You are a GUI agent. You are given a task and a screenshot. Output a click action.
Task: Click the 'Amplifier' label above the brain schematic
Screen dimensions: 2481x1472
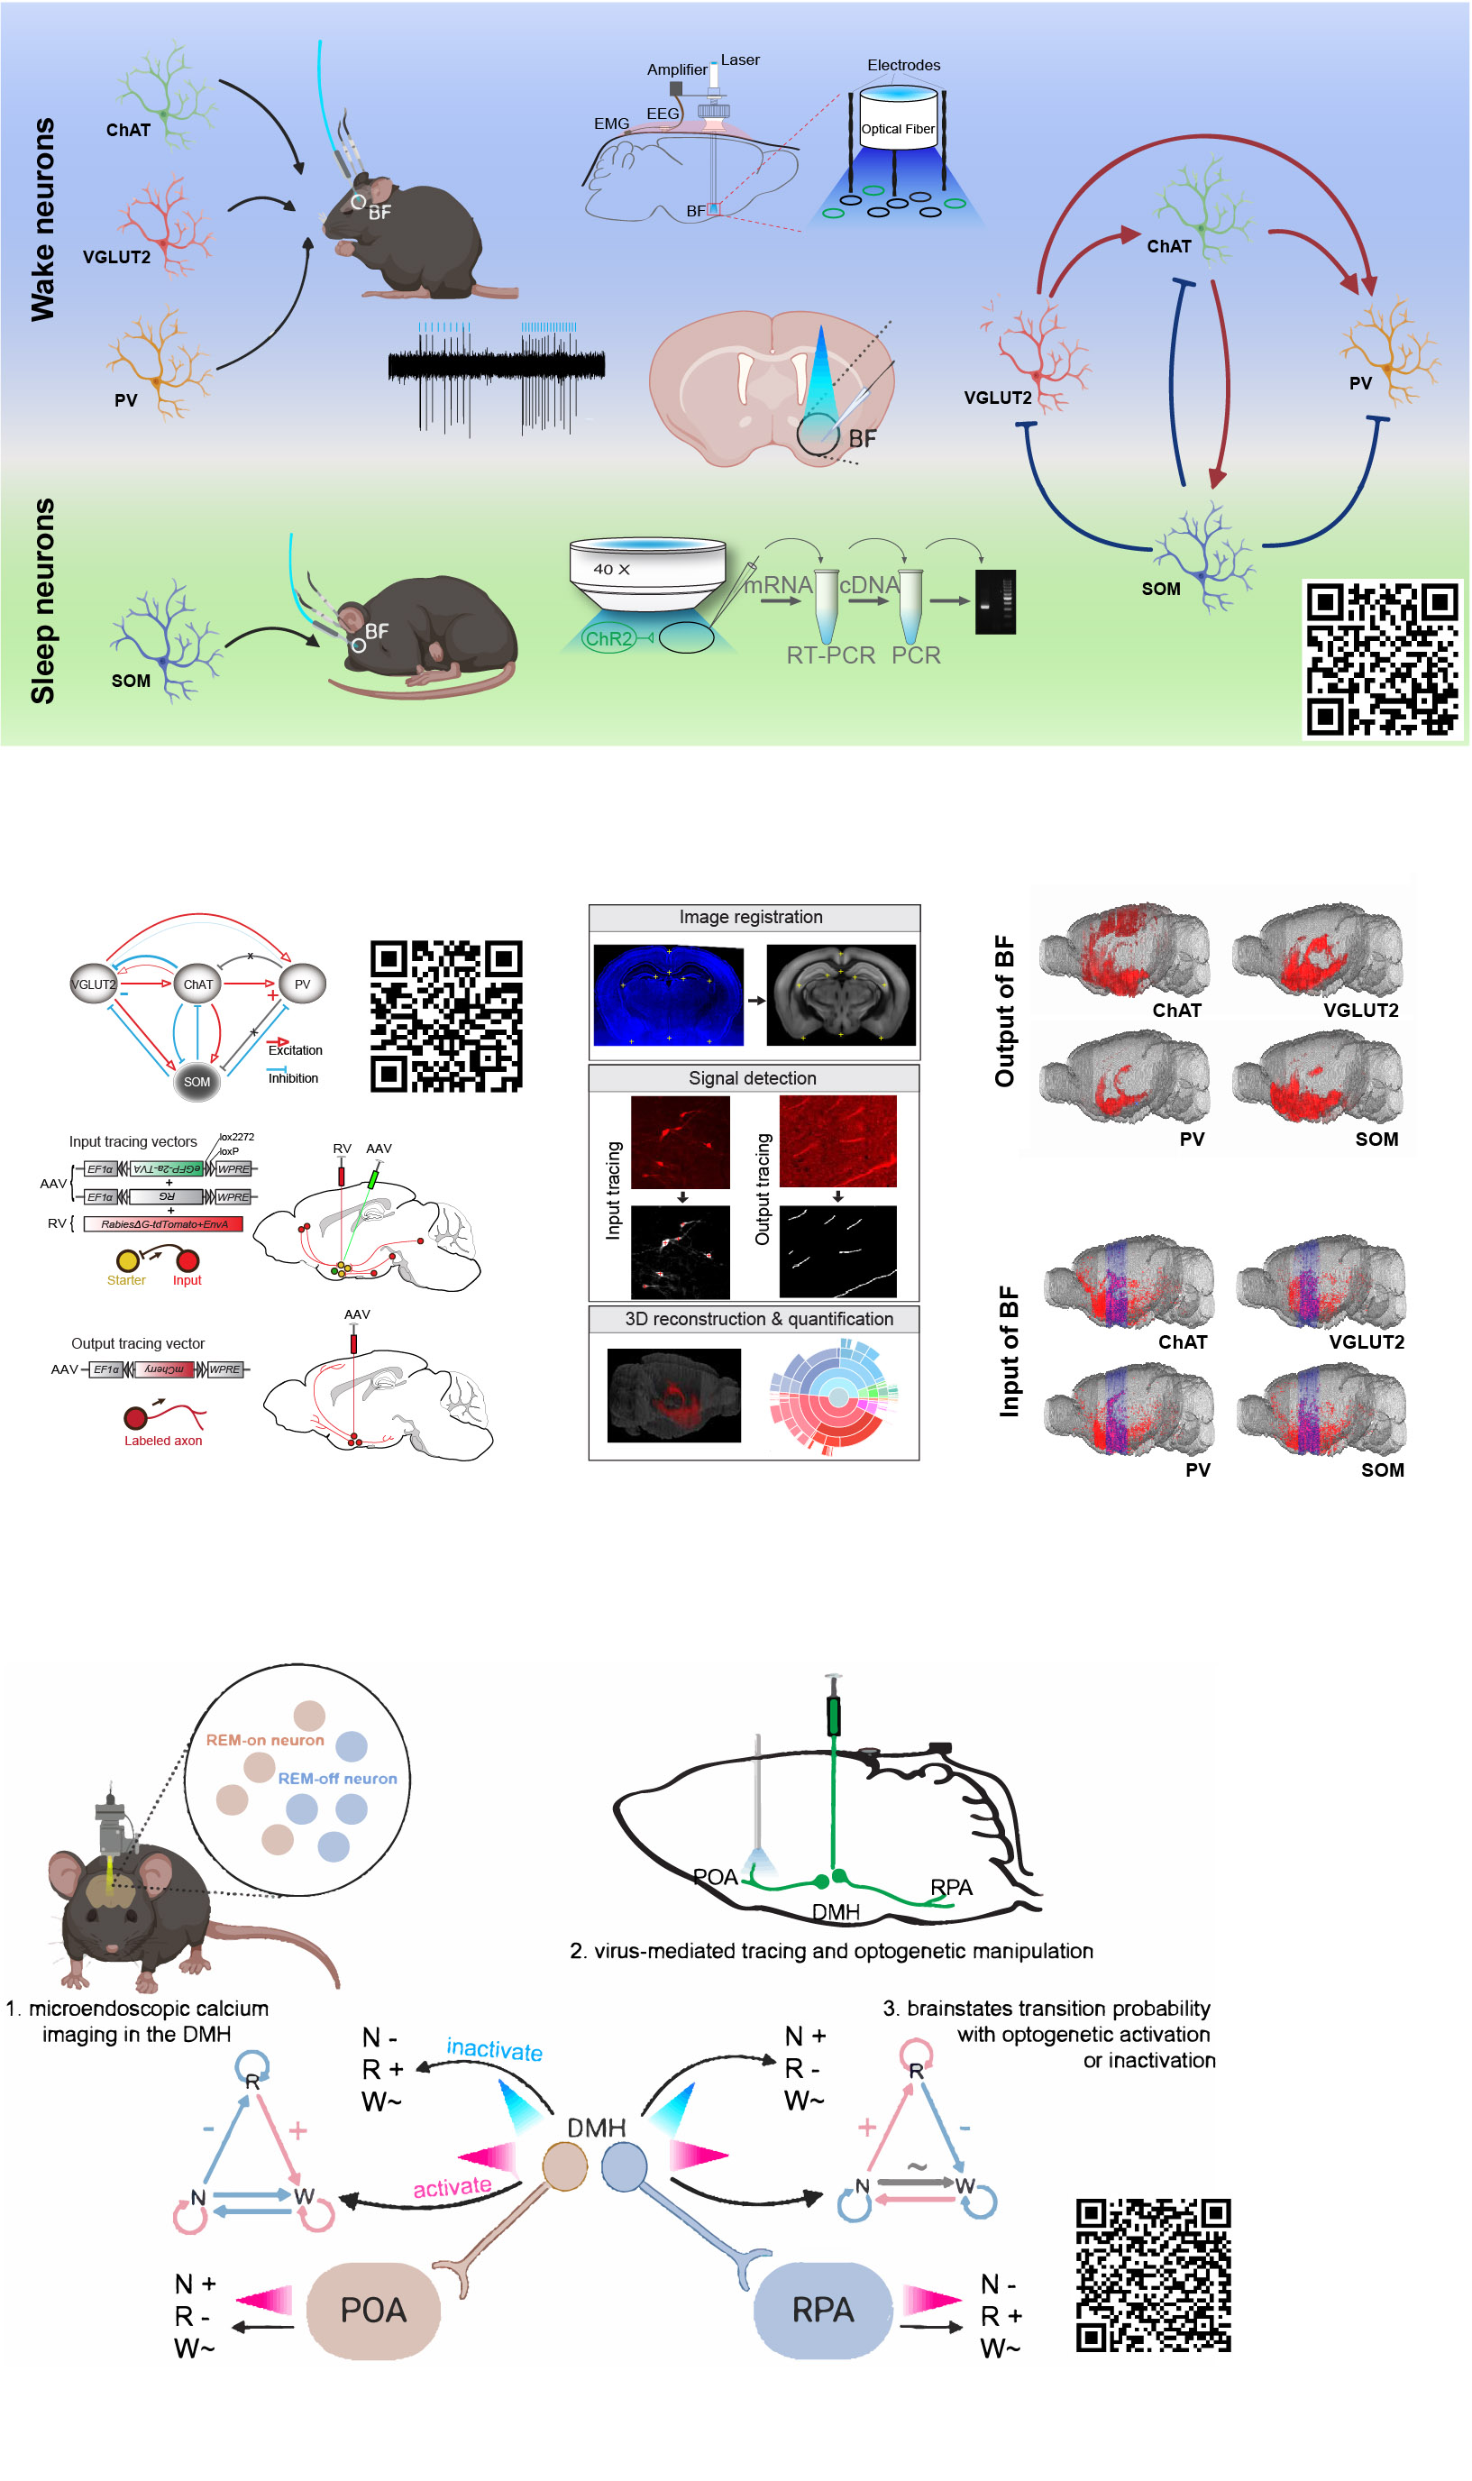pos(676,69)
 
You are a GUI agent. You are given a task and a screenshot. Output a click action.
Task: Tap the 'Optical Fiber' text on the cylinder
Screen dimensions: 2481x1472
pos(898,129)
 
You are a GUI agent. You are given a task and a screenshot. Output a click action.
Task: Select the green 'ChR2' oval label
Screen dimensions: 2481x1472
pos(609,639)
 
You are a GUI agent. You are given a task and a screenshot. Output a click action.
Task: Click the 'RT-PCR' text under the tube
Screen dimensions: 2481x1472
pos(830,655)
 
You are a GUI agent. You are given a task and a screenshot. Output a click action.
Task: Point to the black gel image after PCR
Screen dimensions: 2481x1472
pos(995,602)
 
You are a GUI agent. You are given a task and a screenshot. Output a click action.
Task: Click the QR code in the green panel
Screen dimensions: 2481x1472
pos(1382,660)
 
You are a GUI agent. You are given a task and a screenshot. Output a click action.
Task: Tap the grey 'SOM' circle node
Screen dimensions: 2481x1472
pos(197,1082)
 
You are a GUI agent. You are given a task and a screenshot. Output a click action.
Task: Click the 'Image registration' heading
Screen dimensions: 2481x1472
pos(751,918)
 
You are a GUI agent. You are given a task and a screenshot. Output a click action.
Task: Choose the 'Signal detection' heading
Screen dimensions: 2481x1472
pos(752,1078)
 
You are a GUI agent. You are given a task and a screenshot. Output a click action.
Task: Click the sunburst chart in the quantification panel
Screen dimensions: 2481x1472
pos(836,1396)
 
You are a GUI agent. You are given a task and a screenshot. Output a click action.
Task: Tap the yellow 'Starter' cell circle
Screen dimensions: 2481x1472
pos(127,1261)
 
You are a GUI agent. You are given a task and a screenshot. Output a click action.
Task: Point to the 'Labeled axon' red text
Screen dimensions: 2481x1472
pos(162,1442)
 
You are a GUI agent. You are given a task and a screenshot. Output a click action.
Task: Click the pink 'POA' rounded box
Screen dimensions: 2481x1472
pos(373,2311)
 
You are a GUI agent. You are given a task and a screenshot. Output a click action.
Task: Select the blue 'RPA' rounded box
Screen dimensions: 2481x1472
pos(822,2310)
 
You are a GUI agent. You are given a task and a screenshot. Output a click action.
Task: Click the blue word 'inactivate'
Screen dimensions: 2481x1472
pos(494,2049)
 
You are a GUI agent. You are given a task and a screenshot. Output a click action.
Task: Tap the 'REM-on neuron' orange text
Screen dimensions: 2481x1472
pos(265,1740)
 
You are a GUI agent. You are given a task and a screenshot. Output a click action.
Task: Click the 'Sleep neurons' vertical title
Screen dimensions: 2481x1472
pos(42,601)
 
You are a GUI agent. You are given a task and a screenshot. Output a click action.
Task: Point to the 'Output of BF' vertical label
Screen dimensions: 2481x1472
pos(1005,1011)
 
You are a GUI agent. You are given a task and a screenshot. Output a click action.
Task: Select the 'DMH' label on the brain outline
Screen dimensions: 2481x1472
pos(836,1911)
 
